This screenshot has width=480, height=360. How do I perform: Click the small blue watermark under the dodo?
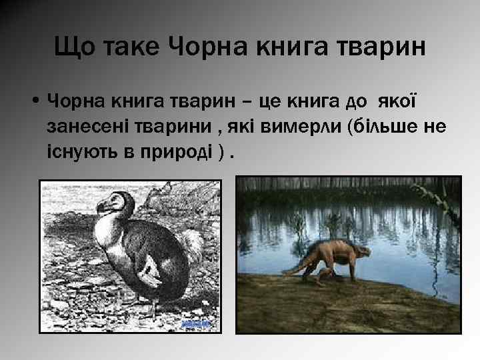(x=195, y=324)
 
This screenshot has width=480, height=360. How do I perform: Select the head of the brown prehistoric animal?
(x=361, y=252)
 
